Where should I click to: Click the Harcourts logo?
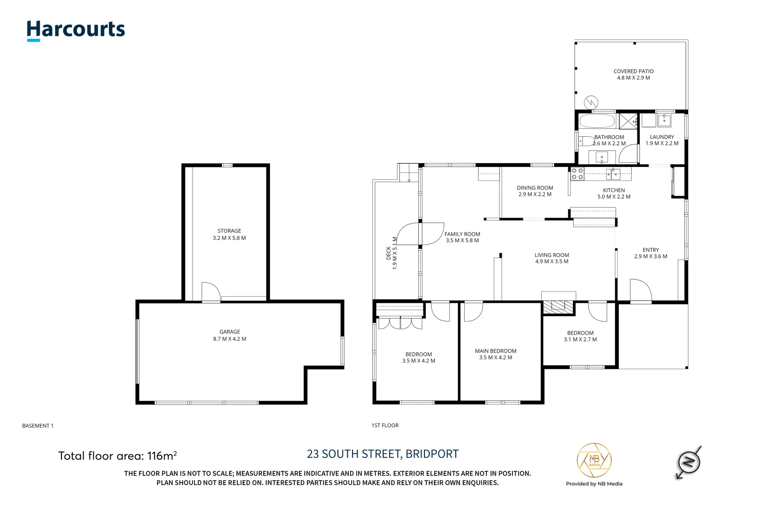coord(76,30)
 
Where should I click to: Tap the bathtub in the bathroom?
coord(597,121)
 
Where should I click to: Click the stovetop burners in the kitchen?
coord(577,174)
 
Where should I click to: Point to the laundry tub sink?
coord(664,120)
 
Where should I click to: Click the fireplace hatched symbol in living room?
coord(558,307)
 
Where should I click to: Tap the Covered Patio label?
coord(633,71)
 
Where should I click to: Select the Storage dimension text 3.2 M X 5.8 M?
coord(229,238)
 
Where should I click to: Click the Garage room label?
coord(229,332)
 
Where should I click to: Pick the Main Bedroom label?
coord(495,351)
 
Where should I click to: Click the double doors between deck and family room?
coord(420,234)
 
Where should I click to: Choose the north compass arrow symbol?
coord(689,462)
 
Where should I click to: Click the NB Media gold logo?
coord(594,461)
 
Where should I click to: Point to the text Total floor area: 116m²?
coord(117,456)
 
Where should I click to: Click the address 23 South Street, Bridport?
coord(382,454)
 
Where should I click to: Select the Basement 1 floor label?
coord(38,426)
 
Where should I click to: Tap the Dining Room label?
coord(535,188)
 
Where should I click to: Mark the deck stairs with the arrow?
coord(408,173)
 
